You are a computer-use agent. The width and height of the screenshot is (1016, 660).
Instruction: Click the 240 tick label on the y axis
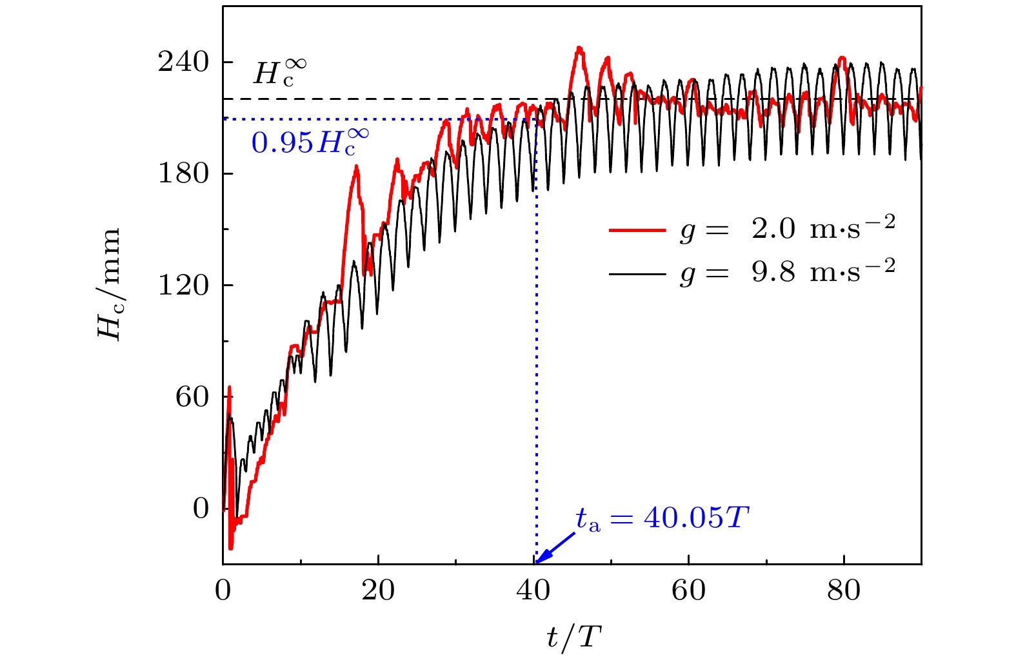pyautogui.click(x=184, y=63)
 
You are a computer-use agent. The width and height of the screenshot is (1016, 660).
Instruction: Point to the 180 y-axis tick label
pyautogui.click(x=184, y=174)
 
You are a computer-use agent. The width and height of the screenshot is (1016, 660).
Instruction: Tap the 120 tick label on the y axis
pyautogui.click(x=184, y=286)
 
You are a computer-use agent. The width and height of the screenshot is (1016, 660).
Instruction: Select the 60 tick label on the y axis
pyautogui.click(x=192, y=397)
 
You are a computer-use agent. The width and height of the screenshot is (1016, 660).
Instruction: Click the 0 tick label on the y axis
pyautogui.click(x=201, y=509)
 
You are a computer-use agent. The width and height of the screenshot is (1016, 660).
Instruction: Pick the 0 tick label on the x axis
pyautogui.click(x=223, y=590)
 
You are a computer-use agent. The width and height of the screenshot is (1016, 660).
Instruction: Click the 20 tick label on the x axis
pyautogui.click(x=378, y=590)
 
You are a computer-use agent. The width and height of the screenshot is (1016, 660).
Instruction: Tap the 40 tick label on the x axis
pyautogui.click(x=533, y=590)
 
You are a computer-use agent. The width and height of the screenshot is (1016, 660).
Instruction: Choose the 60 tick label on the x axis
pyautogui.click(x=689, y=590)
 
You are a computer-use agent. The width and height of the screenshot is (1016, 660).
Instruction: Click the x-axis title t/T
pyautogui.click(x=573, y=637)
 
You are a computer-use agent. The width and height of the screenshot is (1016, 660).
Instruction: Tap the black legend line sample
pyautogui.click(x=637, y=274)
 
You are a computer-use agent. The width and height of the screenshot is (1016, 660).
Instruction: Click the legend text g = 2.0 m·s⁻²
pyautogui.click(x=788, y=229)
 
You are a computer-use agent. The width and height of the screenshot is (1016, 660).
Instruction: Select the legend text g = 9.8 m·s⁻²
pyautogui.click(x=788, y=273)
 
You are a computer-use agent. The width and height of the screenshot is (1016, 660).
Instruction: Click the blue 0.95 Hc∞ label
pyautogui.click(x=310, y=142)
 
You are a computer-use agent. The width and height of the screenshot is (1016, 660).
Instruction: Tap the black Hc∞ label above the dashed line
pyautogui.click(x=279, y=72)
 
